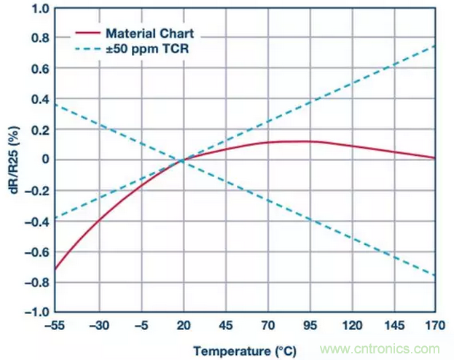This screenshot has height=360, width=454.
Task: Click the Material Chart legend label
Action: (x=143, y=34)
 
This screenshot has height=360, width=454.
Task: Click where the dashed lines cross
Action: (x=181, y=160)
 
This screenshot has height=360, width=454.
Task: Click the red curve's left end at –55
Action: (x=55, y=269)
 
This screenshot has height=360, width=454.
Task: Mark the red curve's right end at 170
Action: (x=435, y=157)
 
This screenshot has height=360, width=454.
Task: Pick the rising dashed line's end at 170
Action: (x=435, y=46)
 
